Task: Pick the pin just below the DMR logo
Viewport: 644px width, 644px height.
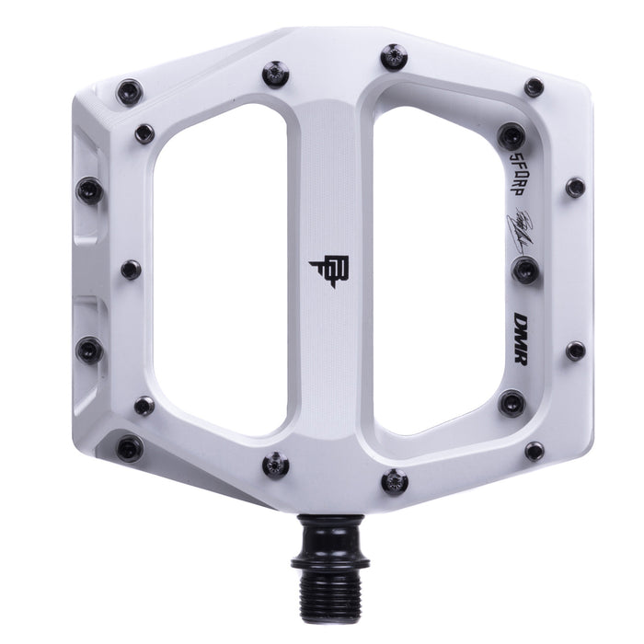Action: (x=512, y=400)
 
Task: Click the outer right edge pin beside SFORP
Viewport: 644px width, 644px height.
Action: (x=575, y=187)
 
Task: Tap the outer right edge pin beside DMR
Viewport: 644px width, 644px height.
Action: (x=575, y=351)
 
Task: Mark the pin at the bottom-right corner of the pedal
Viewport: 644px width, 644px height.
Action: (x=534, y=451)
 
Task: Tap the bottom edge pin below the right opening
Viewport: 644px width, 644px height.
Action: (x=394, y=479)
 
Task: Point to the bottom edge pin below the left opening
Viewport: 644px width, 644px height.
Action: (x=275, y=464)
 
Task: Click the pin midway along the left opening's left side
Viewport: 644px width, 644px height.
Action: (x=132, y=270)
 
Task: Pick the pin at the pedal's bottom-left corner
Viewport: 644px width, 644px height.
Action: (x=130, y=448)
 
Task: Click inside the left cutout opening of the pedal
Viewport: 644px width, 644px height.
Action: (x=221, y=267)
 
